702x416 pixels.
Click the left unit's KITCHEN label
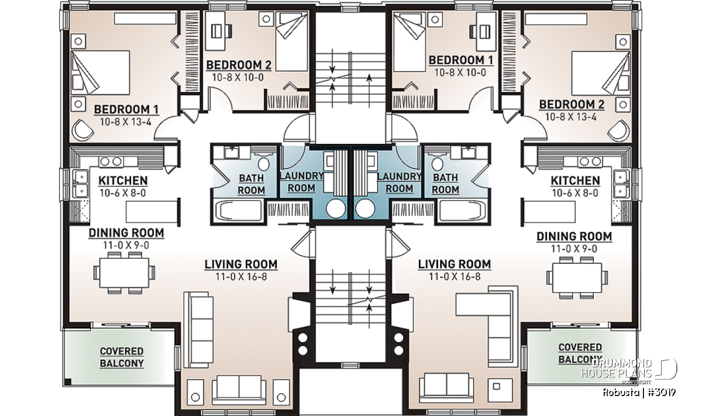(123, 181)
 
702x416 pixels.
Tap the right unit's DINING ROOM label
(574, 236)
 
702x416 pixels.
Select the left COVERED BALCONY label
(122, 357)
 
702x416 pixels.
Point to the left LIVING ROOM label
(241, 264)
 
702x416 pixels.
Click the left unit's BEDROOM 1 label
(126, 109)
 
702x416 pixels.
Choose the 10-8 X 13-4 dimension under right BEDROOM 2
(571, 117)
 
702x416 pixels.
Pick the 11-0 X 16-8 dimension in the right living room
(455, 277)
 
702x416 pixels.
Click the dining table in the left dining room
(124, 273)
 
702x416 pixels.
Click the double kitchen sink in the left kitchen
(81, 184)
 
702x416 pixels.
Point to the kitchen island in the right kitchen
(549, 212)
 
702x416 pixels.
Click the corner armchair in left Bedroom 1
(82, 129)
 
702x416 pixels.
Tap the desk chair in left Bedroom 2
(229, 32)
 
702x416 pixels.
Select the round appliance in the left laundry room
(336, 208)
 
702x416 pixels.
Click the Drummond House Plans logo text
(621, 369)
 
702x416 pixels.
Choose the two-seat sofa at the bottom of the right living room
(446, 388)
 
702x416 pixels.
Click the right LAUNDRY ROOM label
(399, 182)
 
